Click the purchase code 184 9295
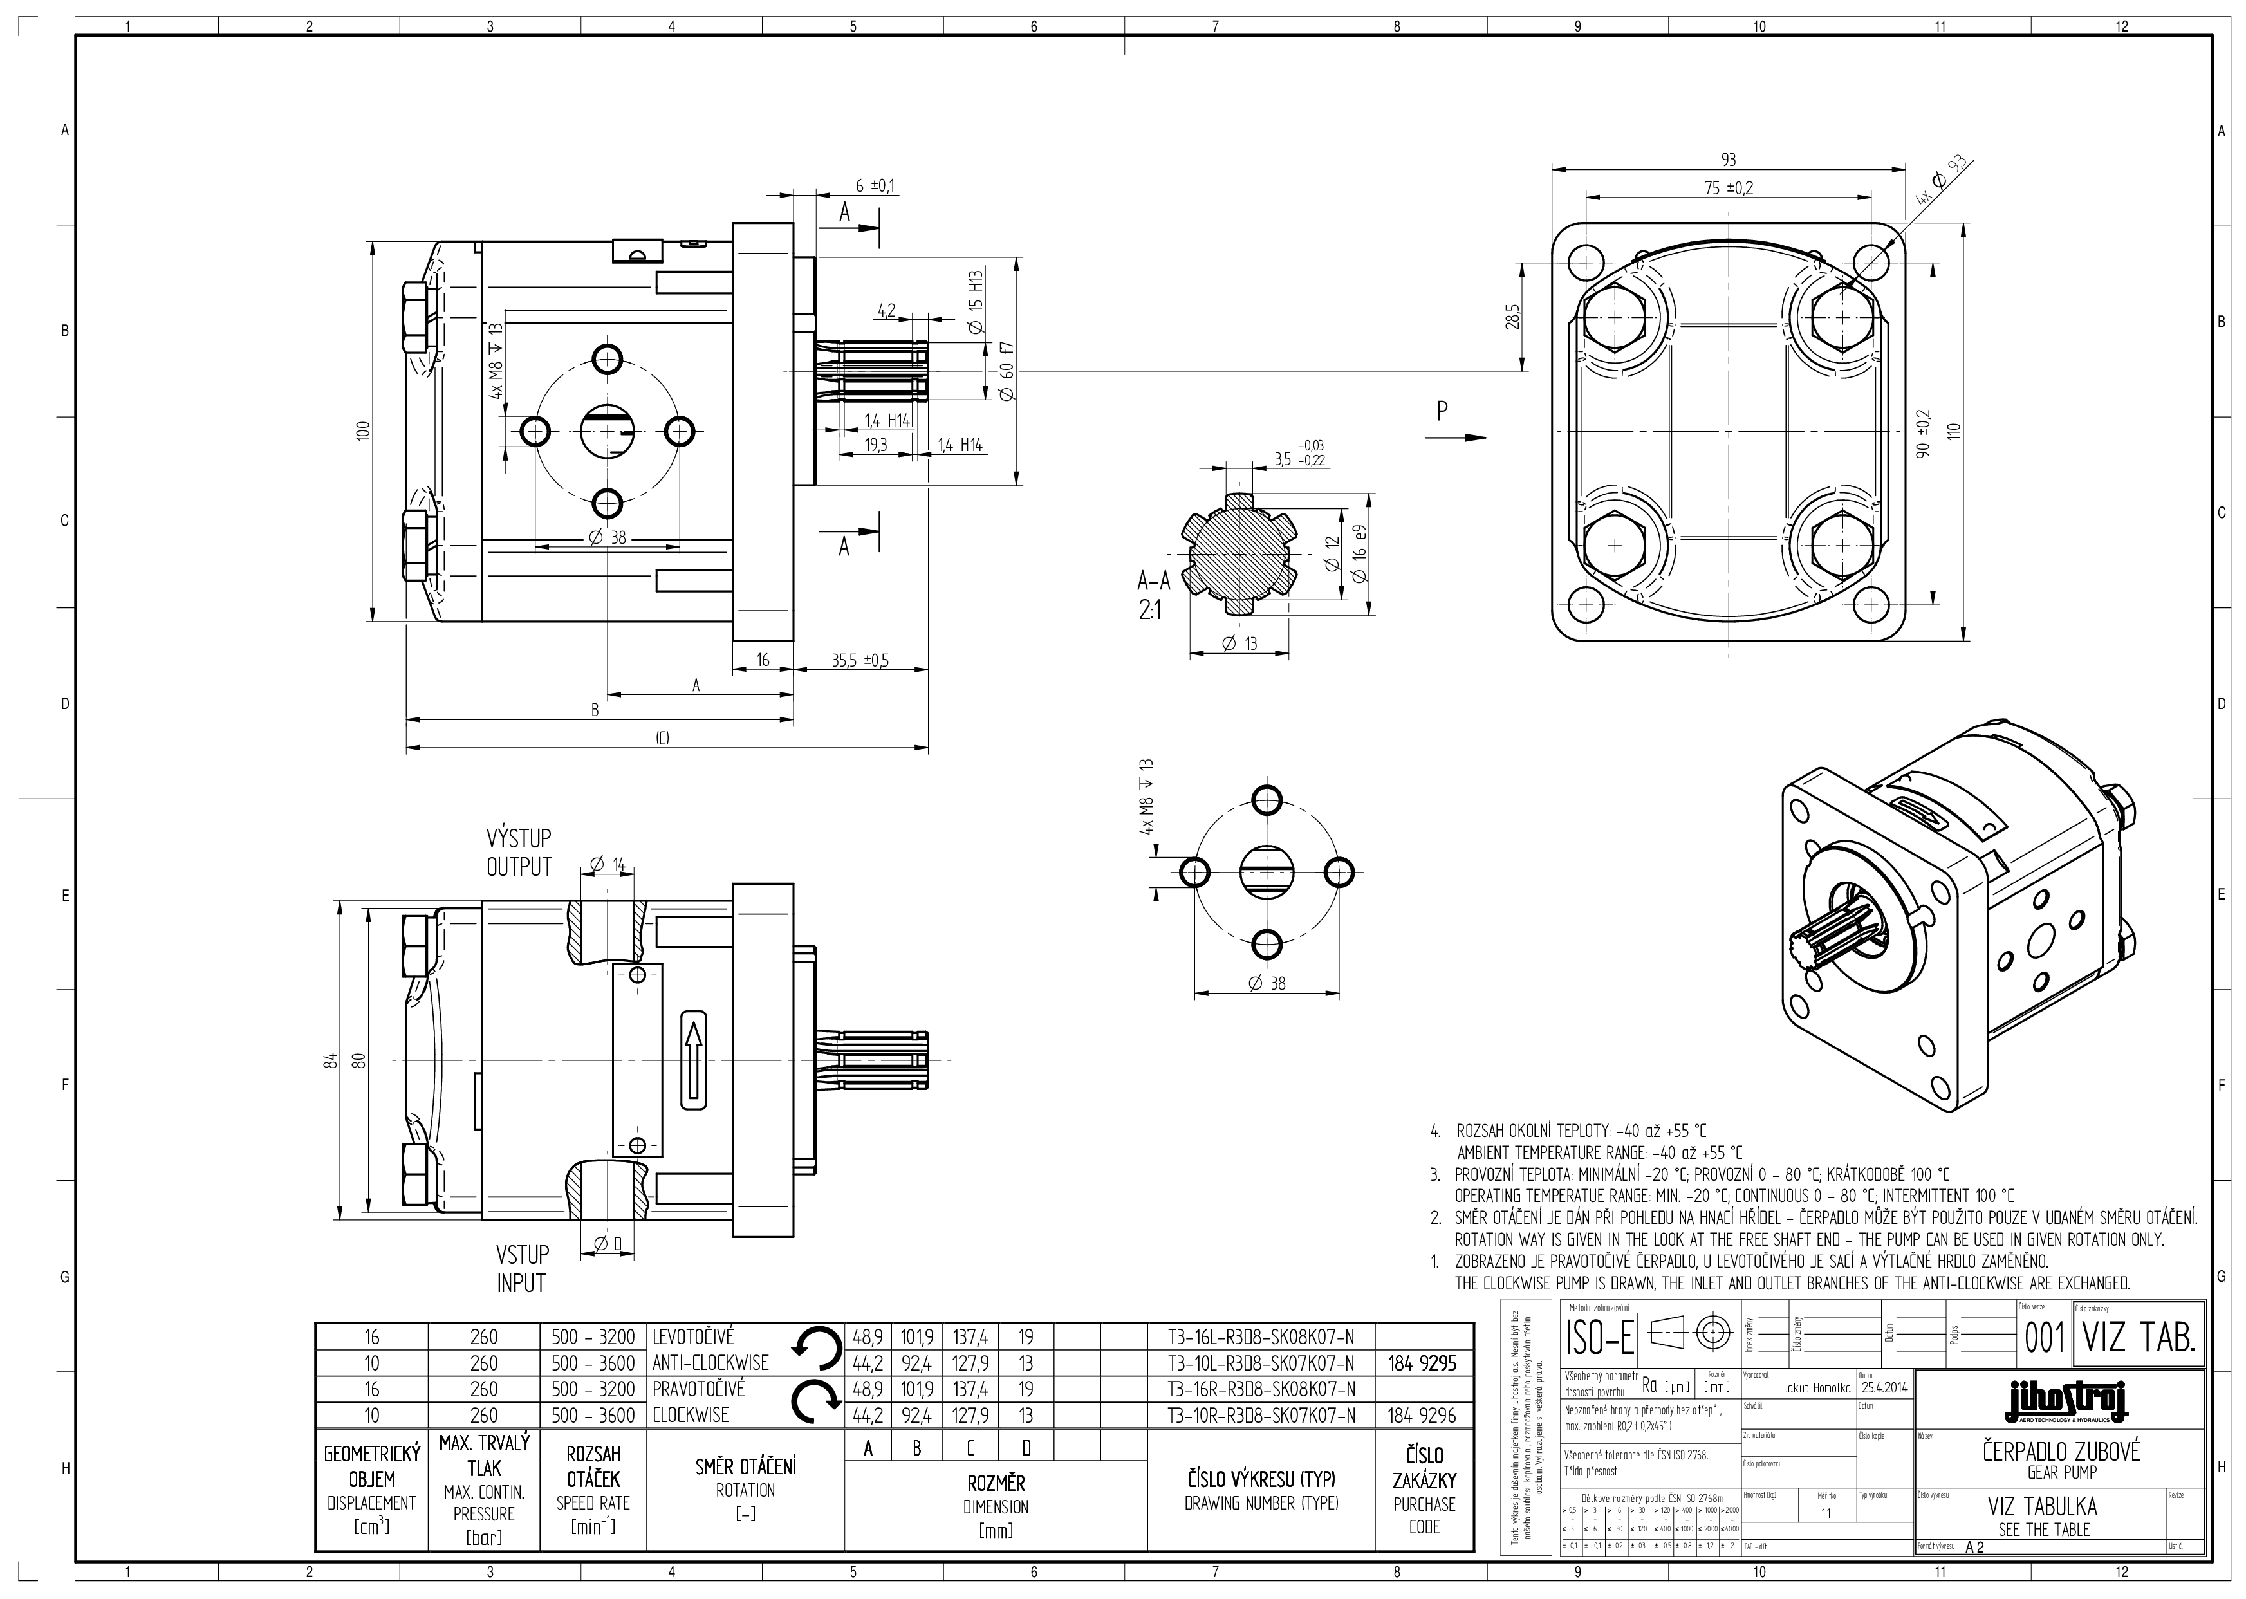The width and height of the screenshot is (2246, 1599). click(x=1423, y=1363)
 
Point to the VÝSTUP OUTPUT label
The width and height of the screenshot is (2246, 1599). click(x=519, y=853)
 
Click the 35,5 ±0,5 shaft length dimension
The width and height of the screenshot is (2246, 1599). click(x=860, y=661)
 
